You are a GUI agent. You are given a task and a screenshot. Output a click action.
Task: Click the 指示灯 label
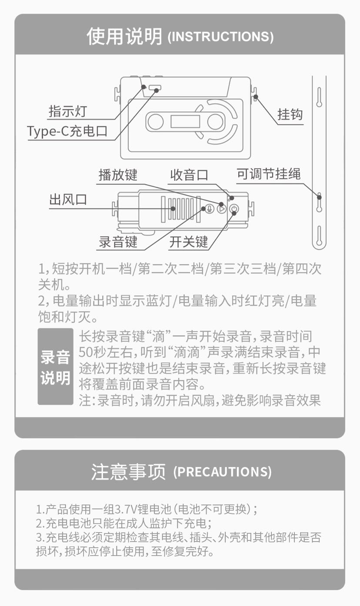[x=68, y=111]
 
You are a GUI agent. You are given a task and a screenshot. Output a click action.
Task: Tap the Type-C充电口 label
[x=67, y=131]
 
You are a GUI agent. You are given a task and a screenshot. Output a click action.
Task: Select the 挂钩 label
[x=290, y=114]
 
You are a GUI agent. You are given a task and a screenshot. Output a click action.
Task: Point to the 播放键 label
[x=118, y=175]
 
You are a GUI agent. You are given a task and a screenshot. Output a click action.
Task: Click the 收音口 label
[x=189, y=175]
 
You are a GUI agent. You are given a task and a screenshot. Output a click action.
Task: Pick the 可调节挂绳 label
[x=269, y=174]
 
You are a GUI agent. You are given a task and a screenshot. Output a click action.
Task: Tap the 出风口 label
[x=68, y=200]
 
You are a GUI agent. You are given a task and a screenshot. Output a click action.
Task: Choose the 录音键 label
[x=118, y=242]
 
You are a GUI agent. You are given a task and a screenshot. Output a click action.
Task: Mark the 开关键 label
[x=189, y=242]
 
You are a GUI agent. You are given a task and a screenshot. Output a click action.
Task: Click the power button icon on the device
[x=234, y=209]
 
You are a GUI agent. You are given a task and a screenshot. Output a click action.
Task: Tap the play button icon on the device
[x=222, y=209]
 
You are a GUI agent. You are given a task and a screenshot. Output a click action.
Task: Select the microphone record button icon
[x=209, y=209]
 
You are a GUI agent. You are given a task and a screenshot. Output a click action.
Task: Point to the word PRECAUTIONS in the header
[x=222, y=472]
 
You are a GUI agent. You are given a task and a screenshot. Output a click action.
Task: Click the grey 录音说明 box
[x=56, y=366]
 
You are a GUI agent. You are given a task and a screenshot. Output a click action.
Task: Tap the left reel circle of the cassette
[x=155, y=121]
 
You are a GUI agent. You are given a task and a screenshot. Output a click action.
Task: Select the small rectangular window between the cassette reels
[x=185, y=121]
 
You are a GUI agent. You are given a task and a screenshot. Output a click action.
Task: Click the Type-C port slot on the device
[x=155, y=87]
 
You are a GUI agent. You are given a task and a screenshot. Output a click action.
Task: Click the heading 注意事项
[x=128, y=472]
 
